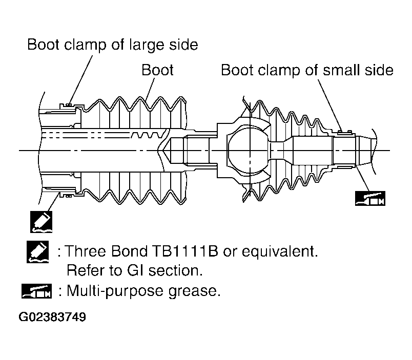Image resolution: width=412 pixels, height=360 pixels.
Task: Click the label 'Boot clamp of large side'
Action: (113, 45)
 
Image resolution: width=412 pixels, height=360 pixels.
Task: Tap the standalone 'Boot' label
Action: (157, 70)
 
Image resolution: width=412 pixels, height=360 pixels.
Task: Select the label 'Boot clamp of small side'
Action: (307, 70)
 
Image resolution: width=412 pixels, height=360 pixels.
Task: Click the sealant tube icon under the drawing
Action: (42, 222)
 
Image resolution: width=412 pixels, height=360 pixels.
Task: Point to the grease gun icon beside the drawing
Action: (370, 198)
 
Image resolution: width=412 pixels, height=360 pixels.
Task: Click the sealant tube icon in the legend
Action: (37, 252)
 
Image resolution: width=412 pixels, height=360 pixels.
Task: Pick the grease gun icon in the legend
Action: (36, 291)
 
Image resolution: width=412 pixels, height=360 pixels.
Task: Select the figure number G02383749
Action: (52, 317)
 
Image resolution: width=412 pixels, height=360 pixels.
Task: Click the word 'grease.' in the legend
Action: (194, 292)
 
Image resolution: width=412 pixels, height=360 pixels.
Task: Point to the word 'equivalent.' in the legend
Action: (280, 251)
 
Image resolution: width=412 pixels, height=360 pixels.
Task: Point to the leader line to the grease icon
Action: (363, 179)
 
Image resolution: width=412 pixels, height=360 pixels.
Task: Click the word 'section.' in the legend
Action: (176, 270)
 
